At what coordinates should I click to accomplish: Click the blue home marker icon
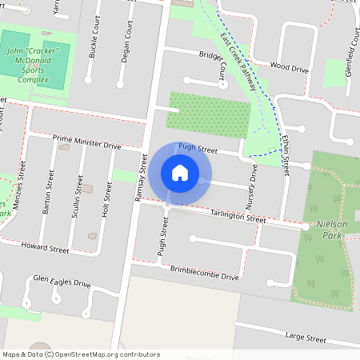(x=180, y=173)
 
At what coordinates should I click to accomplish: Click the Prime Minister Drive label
(x=86, y=142)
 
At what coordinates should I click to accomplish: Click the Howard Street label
(x=46, y=247)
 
